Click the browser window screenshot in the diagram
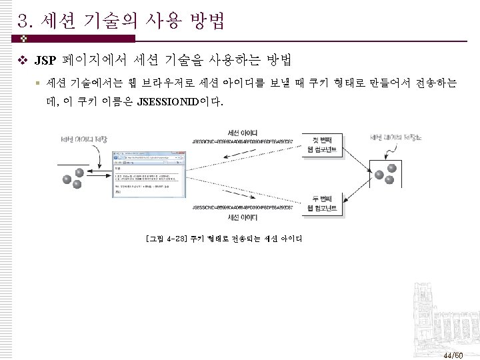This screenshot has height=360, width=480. (147, 174)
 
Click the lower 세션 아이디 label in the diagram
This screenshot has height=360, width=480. (243, 217)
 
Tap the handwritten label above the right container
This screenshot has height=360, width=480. (396, 138)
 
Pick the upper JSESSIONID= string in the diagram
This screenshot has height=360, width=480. (239, 141)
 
